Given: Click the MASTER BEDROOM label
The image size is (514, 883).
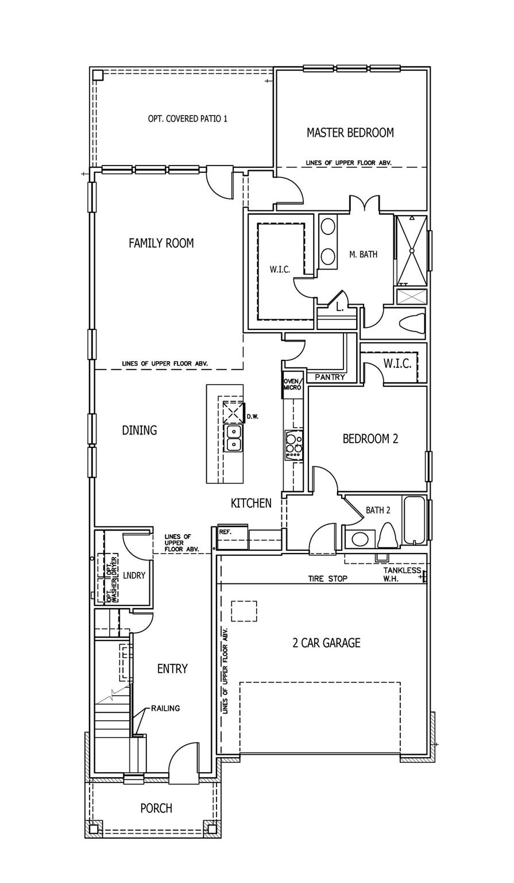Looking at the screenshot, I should pyautogui.click(x=350, y=133).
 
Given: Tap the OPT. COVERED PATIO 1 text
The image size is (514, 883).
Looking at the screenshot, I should pyautogui.click(x=188, y=119).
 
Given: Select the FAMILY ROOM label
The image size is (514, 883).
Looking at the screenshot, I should pyautogui.click(x=161, y=243).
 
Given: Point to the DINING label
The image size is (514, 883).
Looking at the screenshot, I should pyautogui.click(x=140, y=430).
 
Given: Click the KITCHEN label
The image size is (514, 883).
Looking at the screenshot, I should pyautogui.click(x=251, y=504).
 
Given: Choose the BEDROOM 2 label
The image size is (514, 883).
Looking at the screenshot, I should pyautogui.click(x=370, y=439).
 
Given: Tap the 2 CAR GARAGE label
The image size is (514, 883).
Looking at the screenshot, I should pyautogui.click(x=326, y=643).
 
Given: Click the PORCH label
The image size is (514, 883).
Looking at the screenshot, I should pyautogui.click(x=156, y=808).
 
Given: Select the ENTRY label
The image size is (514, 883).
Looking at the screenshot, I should pyautogui.click(x=172, y=669).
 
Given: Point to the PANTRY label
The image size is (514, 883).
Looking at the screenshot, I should pyautogui.click(x=330, y=377).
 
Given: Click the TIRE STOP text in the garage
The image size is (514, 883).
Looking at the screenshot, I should pyautogui.click(x=327, y=578).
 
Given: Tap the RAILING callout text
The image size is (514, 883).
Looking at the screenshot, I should pyautogui.click(x=165, y=708).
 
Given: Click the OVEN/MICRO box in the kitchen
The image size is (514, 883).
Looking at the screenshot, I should pyautogui.click(x=292, y=385).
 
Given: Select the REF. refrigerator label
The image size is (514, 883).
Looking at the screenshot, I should pyautogui.click(x=225, y=532).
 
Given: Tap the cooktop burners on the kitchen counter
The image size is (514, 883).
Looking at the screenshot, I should pyautogui.click(x=293, y=444).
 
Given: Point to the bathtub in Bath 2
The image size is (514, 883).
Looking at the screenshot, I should pyautogui.click(x=414, y=520).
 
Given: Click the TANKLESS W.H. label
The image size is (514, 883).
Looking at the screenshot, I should pyautogui.click(x=402, y=574).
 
